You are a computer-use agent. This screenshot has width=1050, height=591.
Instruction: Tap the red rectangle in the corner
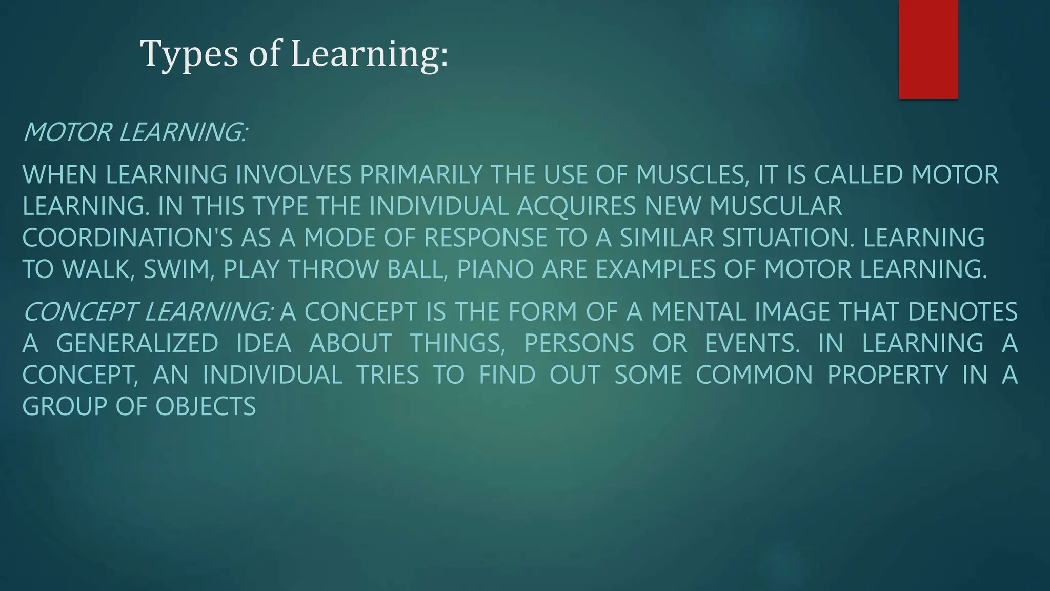point(928,49)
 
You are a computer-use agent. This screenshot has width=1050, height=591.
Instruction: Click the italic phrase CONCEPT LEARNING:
point(148,312)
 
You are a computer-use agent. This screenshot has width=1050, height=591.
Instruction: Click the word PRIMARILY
point(421,175)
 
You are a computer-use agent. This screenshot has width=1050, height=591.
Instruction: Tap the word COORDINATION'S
point(128,238)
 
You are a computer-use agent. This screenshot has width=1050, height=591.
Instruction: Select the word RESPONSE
point(486,238)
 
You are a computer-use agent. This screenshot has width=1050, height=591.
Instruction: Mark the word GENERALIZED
point(137,343)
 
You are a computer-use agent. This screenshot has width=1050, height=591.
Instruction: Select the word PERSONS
point(579,343)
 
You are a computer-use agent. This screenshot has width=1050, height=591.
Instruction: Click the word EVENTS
point(752,343)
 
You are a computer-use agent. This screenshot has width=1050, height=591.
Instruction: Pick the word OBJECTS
point(206,407)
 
